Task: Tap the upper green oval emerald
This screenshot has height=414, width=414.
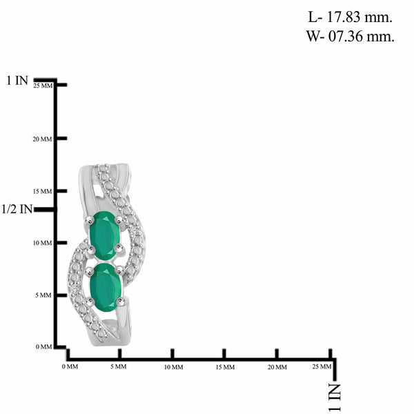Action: pos(105,236)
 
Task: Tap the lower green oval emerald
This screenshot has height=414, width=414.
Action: pos(106,287)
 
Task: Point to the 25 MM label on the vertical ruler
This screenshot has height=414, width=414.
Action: pos(43,86)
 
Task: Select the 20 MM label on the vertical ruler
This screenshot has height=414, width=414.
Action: pos(42,139)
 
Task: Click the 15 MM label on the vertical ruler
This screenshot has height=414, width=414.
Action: pos(42,191)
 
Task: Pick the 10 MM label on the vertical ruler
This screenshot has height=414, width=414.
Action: pos(42,243)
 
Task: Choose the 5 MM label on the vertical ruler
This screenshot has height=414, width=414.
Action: pos(43,295)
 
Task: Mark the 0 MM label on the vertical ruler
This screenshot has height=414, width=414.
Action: pos(44,346)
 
